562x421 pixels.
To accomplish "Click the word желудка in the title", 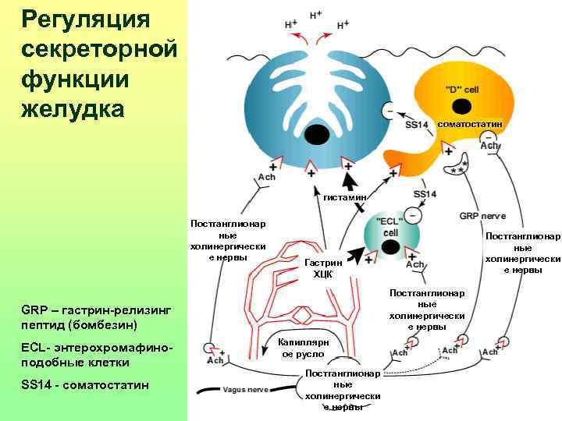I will coord(73,108).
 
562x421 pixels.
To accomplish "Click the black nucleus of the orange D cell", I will coord(463,106).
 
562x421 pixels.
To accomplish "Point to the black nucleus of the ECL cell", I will coord(391,248).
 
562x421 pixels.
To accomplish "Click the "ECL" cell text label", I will coord(390,227).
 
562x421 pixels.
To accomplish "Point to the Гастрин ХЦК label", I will coord(323,269).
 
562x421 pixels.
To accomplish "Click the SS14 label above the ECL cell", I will coord(425,194).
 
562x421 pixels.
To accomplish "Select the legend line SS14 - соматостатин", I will coord(85,386).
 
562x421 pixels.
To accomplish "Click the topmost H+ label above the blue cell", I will coord(317,15).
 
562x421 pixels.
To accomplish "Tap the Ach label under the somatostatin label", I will coord(489,146).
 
